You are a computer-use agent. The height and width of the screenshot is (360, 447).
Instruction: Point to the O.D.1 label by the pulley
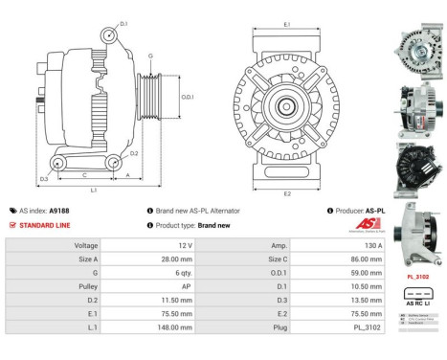[x=188, y=97]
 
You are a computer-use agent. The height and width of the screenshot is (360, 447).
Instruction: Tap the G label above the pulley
[x=150, y=56]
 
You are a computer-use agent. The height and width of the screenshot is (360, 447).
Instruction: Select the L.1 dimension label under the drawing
[x=93, y=190]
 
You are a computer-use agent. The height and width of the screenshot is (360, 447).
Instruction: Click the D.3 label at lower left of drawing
[x=44, y=179]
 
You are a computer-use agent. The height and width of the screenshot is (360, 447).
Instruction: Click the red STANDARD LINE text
[x=43, y=225]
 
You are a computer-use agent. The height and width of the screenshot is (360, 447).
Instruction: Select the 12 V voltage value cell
[x=184, y=245]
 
